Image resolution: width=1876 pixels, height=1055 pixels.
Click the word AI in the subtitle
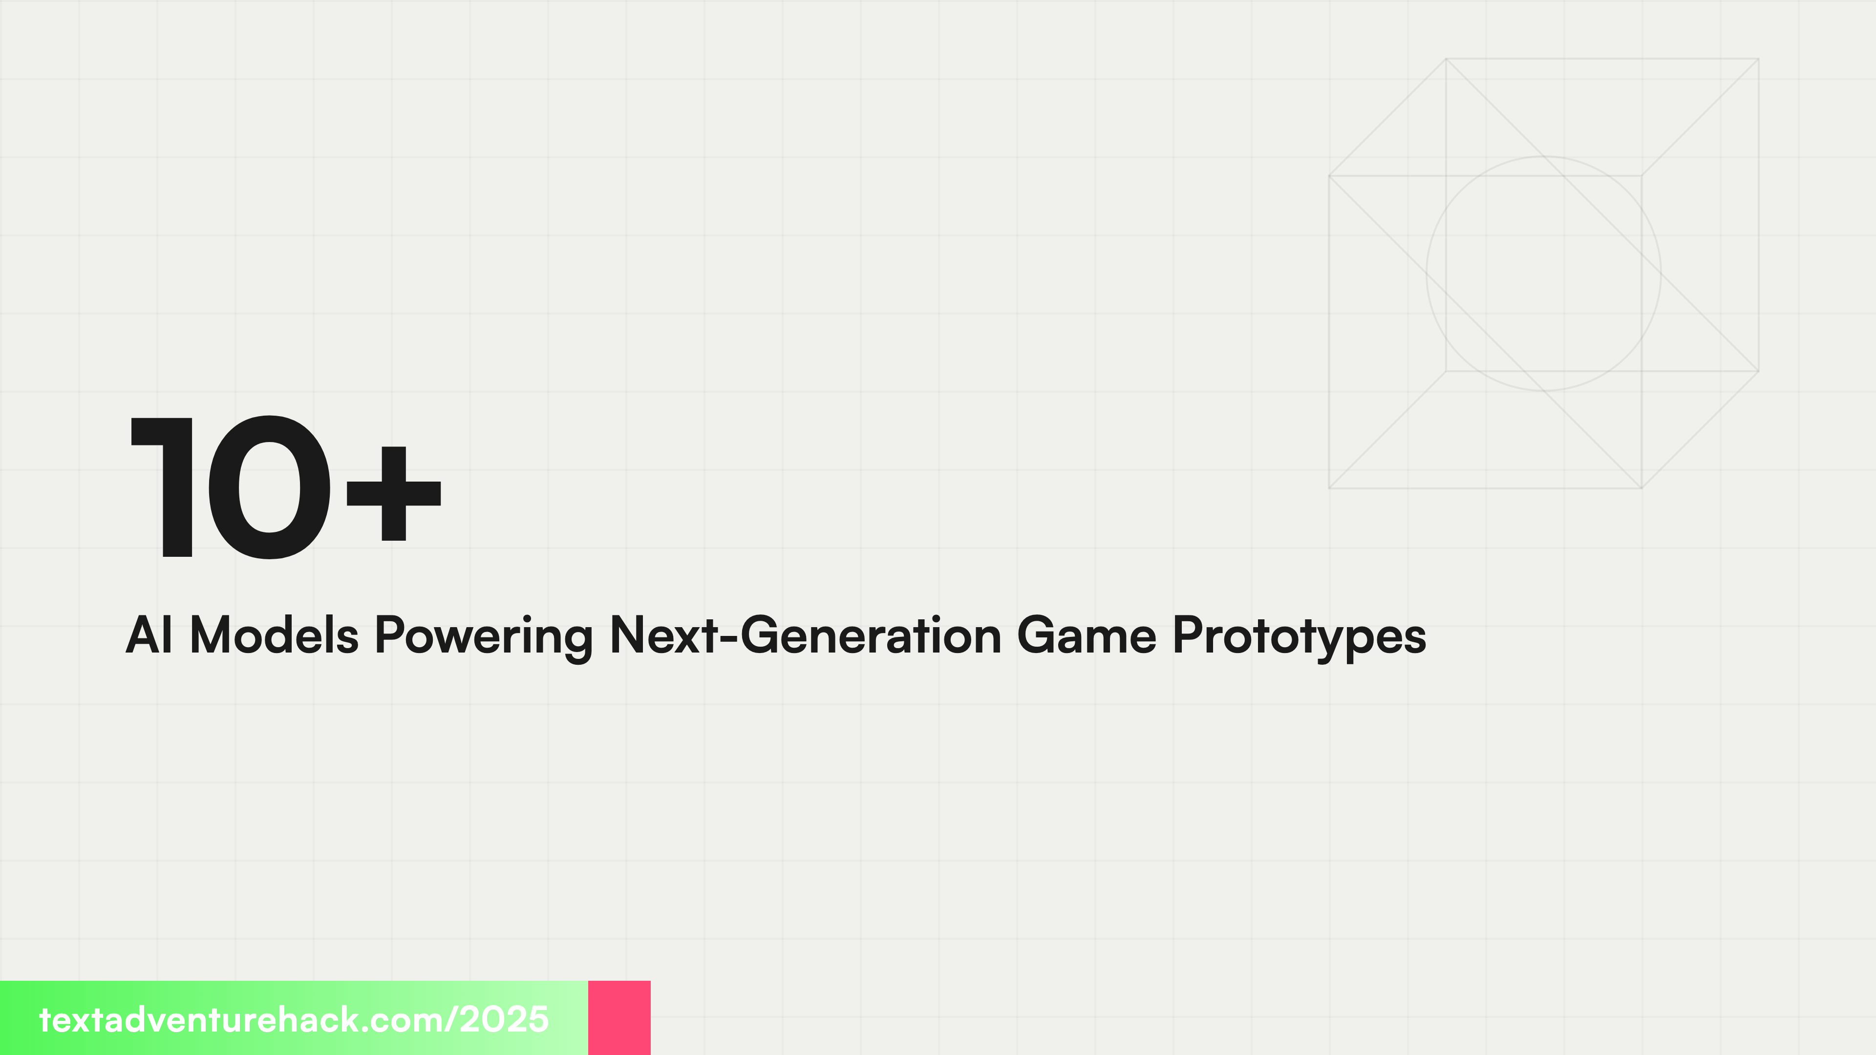[x=149, y=635]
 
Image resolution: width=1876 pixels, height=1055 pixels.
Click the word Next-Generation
[x=806, y=635]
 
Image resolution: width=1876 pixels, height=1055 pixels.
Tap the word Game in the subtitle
[x=1086, y=635]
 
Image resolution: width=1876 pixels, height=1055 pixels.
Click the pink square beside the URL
[x=619, y=1017]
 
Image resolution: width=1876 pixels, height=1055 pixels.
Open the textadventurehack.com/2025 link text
[x=294, y=1019]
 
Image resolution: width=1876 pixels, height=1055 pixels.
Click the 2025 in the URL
[x=504, y=1019]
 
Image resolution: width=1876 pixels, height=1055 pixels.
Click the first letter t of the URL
[x=45, y=1020]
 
